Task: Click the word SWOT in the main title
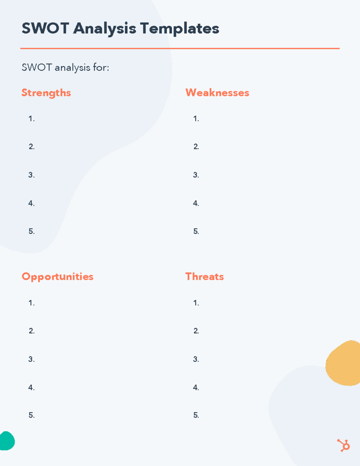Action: pyautogui.click(x=45, y=29)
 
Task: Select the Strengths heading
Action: pyautogui.click(x=46, y=93)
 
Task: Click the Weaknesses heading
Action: pyautogui.click(x=217, y=93)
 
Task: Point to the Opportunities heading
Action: pyautogui.click(x=58, y=277)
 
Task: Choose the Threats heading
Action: pyautogui.click(x=205, y=276)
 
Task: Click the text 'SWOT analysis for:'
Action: pyautogui.click(x=65, y=68)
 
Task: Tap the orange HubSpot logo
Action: pyautogui.click(x=343, y=445)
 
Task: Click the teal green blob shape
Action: pyautogui.click(x=7, y=441)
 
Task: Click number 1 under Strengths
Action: pyautogui.click(x=31, y=119)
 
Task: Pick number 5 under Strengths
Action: pyautogui.click(x=31, y=231)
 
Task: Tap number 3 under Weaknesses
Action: pyautogui.click(x=196, y=175)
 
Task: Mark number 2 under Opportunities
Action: pyautogui.click(x=31, y=331)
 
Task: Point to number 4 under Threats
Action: pyautogui.click(x=196, y=388)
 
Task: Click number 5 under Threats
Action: pyautogui.click(x=196, y=415)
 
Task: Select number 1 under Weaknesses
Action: pyautogui.click(x=196, y=119)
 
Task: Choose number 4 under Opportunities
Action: pyautogui.click(x=31, y=388)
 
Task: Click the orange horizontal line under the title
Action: pyautogui.click(x=180, y=48)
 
